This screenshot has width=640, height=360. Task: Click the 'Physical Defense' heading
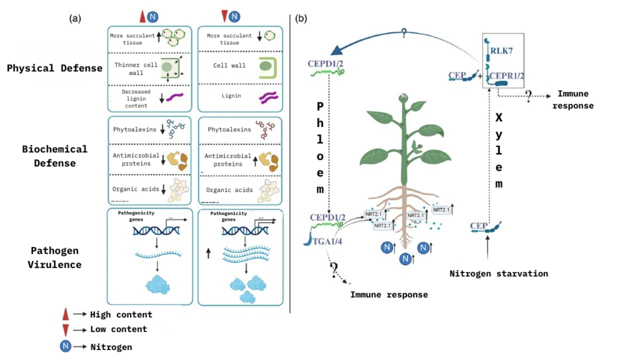(x=55, y=68)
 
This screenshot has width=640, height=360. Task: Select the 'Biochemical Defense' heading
(x=55, y=156)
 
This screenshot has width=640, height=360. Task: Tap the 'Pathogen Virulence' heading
(x=55, y=257)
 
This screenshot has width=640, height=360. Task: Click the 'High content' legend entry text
(x=121, y=314)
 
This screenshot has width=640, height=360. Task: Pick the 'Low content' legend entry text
(x=118, y=329)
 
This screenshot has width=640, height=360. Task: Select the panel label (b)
(x=302, y=19)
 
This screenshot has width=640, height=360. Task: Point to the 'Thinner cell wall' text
(x=128, y=69)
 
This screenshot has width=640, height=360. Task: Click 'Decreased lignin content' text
(x=127, y=99)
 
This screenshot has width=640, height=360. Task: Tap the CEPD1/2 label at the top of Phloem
(x=327, y=64)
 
